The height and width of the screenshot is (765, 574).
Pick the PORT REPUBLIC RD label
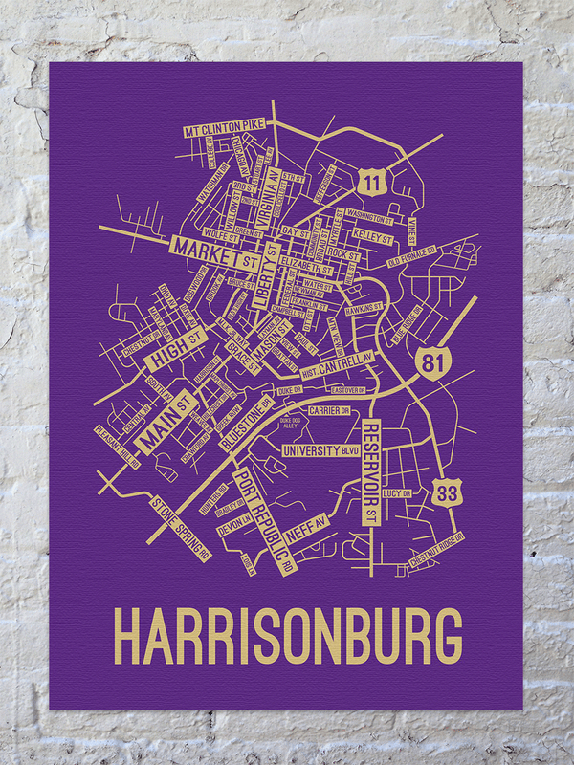coord(265,519)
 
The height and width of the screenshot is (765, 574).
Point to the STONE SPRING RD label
coord(178,523)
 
